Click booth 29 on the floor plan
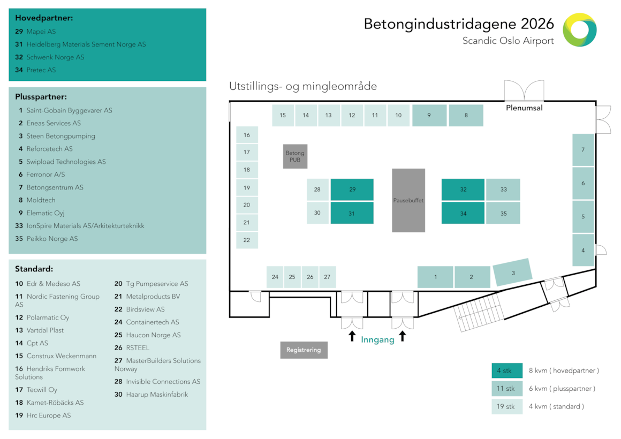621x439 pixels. [x=352, y=190]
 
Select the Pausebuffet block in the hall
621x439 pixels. [x=408, y=200]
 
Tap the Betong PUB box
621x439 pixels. [x=295, y=156]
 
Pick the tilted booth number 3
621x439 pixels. [x=513, y=273]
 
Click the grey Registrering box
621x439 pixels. [x=304, y=350]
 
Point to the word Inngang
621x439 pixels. [x=377, y=339]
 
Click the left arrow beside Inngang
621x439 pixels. [x=352, y=336]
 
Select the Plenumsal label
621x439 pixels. [x=524, y=108]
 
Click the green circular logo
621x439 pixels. [x=580, y=30]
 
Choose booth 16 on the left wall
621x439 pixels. [x=247, y=135]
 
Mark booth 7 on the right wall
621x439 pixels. [x=583, y=150]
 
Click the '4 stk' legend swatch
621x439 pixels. [x=507, y=370]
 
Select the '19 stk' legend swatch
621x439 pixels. [x=507, y=406]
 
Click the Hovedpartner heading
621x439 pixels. [x=44, y=18]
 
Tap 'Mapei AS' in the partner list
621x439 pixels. [x=41, y=32]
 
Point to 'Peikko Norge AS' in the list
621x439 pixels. [x=52, y=239]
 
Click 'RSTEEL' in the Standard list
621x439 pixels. [x=138, y=348]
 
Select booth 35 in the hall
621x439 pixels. [x=503, y=213]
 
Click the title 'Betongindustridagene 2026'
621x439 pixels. [x=459, y=24]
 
